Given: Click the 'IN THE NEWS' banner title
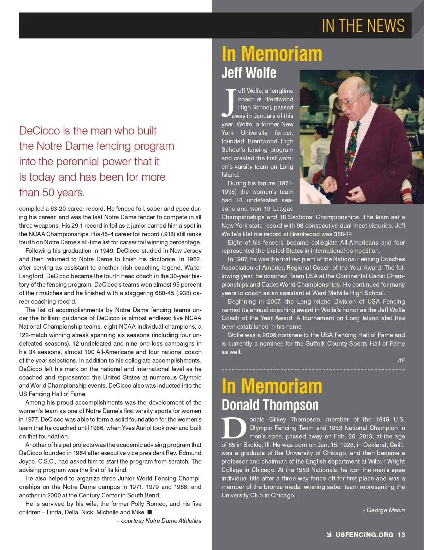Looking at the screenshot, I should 363,26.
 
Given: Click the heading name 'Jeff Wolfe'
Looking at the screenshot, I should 249,73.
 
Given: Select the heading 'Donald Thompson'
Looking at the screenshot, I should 270,405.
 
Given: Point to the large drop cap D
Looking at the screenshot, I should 234,428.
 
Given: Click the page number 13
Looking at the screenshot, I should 401,534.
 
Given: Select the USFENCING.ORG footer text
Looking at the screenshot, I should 364,534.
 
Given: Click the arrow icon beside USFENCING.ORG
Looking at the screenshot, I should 329,534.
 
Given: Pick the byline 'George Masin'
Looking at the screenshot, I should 385,510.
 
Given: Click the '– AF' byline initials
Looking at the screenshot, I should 399,360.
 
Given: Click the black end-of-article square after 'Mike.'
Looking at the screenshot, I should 149,512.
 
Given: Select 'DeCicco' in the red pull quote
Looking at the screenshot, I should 40,131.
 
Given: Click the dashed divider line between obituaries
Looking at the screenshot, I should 313,370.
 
